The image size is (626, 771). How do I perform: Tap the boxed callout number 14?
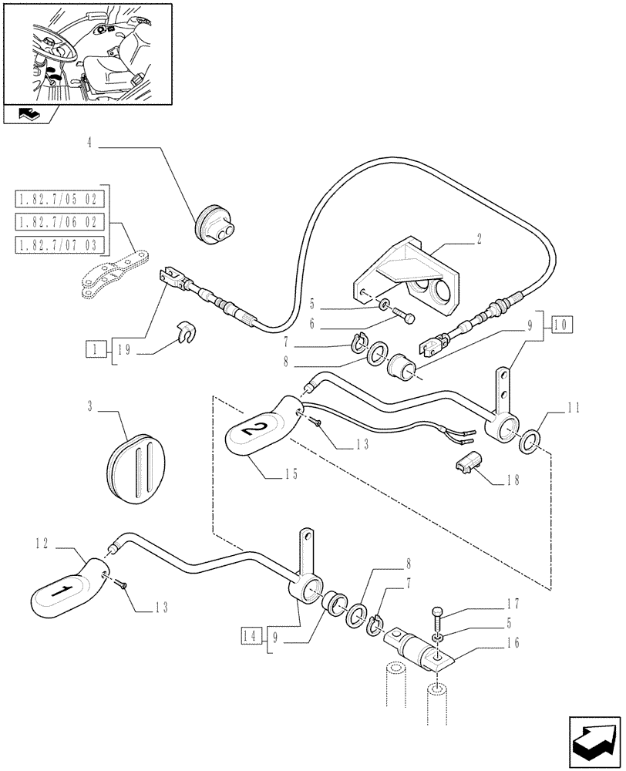pos(250,636)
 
